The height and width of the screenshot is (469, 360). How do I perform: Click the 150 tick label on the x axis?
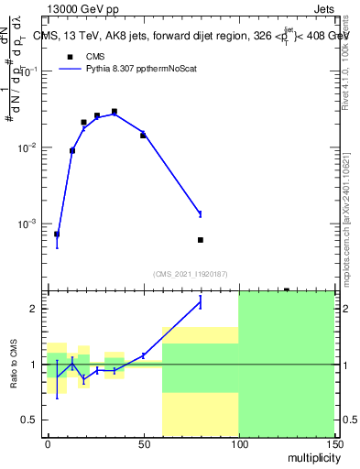pyautogui.click(x=333, y=445)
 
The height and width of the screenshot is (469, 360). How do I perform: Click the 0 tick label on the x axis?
pyautogui.click(x=48, y=445)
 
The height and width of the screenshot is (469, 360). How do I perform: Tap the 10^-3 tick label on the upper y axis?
pyautogui.click(x=27, y=224)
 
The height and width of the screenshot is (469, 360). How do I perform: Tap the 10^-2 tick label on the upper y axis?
pyautogui.click(x=27, y=147)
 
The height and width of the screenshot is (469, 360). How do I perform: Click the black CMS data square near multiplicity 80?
pyautogui.click(x=201, y=240)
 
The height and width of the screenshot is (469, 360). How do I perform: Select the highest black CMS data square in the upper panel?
pyautogui.click(x=115, y=112)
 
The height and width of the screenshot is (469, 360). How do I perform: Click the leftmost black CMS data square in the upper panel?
pyautogui.click(x=57, y=234)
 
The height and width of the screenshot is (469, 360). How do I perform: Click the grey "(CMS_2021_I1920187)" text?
pyautogui.click(x=189, y=273)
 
